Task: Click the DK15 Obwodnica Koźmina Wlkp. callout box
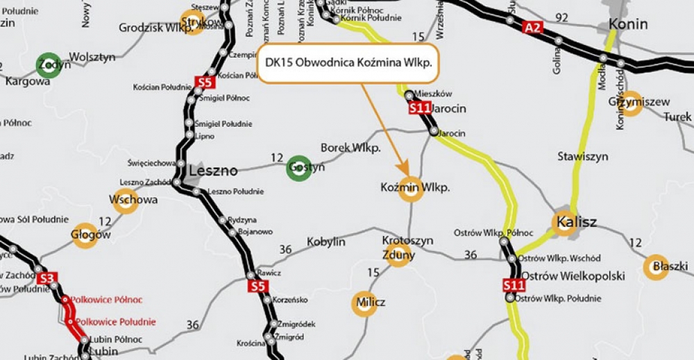[x=348, y=63]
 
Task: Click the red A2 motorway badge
[x=532, y=28]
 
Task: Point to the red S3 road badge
[x=46, y=279]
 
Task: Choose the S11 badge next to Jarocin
[x=419, y=108]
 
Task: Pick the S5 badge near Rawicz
[x=257, y=286]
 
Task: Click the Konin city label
[x=627, y=24]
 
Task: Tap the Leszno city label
[x=213, y=171]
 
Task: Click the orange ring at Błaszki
[x=656, y=267]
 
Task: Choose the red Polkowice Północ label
[x=106, y=300]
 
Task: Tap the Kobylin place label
[x=326, y=242]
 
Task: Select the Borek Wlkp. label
[x=350, y=148]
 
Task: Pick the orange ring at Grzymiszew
[x=630, y=103]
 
